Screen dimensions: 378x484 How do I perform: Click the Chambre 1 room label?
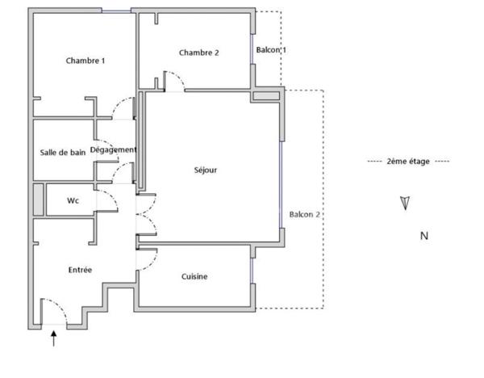86,61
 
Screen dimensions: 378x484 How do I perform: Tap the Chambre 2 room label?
198,52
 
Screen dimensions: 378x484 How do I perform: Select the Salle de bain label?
63,152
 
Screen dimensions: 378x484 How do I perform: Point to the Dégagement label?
113,149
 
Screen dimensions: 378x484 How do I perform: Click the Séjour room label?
206,170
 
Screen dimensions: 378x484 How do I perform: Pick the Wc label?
73,200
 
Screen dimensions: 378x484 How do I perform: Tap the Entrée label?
79,270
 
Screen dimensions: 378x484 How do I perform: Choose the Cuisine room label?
194,276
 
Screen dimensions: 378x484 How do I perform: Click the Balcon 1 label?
271,50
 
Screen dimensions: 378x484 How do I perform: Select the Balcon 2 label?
305,214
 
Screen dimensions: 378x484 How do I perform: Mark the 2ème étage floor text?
407,162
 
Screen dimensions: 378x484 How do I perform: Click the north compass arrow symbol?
405,203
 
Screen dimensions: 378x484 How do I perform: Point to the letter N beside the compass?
423,236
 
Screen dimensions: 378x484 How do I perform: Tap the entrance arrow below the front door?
54,339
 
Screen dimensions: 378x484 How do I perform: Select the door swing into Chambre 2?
175,80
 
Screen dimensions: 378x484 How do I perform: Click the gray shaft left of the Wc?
38,199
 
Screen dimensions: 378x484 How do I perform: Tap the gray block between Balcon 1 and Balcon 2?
265,96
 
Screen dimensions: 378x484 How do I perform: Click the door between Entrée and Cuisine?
147,259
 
